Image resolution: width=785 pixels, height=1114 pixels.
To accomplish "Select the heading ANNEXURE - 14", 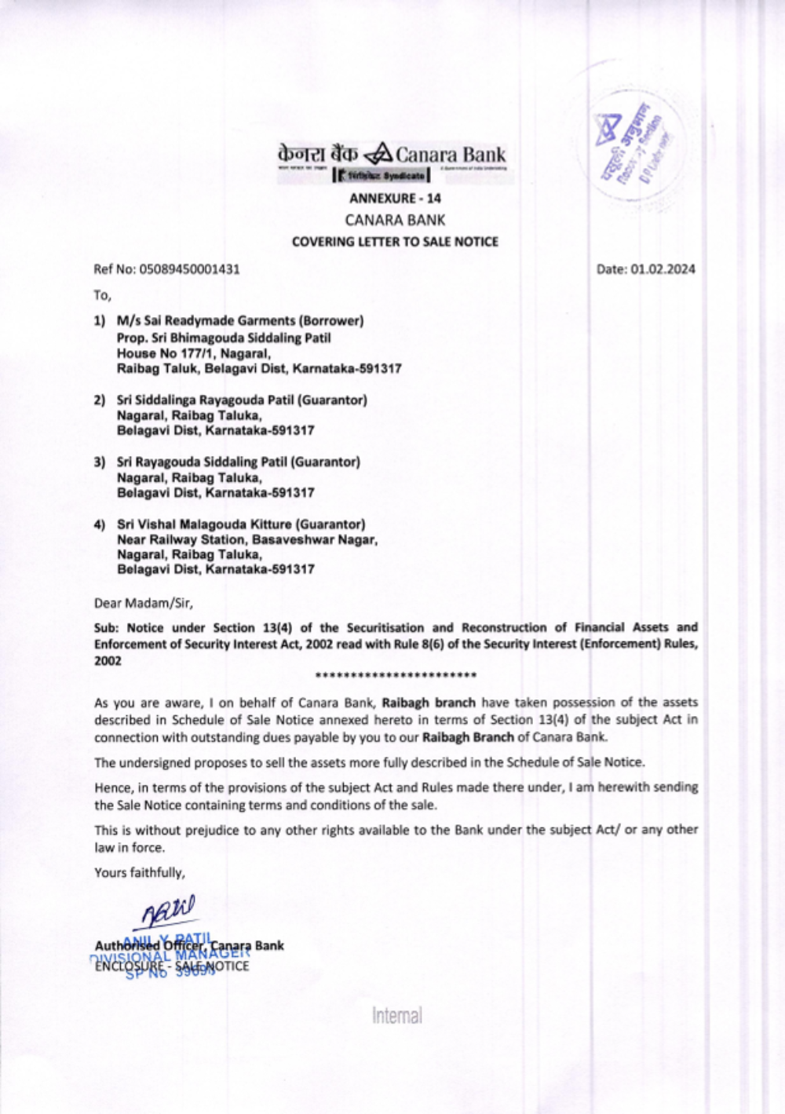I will [x=395, y=199].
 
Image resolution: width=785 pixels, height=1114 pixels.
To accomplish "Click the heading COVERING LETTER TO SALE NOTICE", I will [x=395, y=242].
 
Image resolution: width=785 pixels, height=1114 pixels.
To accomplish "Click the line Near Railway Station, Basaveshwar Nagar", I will [x=247, y=540].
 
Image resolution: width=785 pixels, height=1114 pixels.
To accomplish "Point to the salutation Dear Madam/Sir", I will [x=143, y=603].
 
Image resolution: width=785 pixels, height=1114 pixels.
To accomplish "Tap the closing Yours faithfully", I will [x=140, y=872].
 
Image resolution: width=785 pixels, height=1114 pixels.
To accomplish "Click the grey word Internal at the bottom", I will [x=397, y=1016].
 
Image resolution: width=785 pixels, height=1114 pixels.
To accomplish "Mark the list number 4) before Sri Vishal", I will [x=100, y=524].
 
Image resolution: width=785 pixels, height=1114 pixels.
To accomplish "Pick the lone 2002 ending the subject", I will [x=108, y=661].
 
